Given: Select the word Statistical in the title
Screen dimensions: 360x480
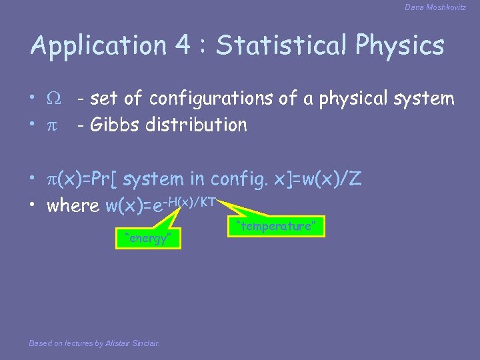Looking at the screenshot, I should pos(281,45).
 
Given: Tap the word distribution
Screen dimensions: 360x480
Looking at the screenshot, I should pos(198,124).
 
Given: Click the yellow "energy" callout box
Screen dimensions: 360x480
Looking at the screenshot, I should pos(148,238).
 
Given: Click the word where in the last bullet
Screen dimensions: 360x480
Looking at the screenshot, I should pos(73,205).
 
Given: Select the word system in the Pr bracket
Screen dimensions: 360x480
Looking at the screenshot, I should pos(153,179).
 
